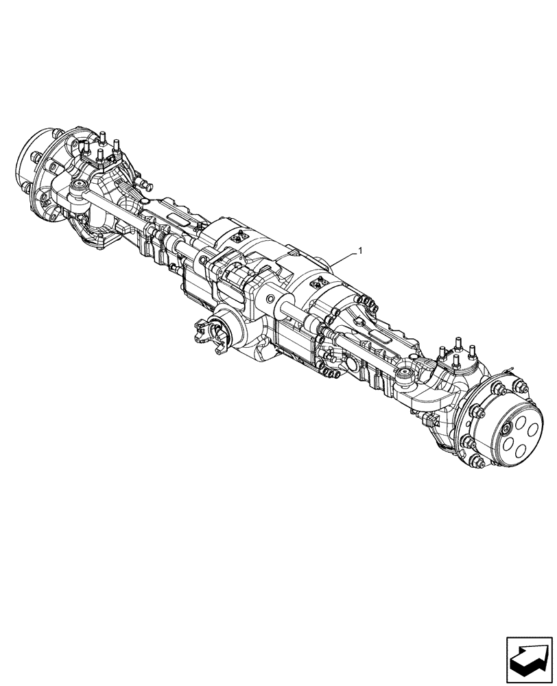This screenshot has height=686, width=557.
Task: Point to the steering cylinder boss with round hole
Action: tap(272, 300)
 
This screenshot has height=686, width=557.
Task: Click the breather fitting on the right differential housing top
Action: tap(321, 281)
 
